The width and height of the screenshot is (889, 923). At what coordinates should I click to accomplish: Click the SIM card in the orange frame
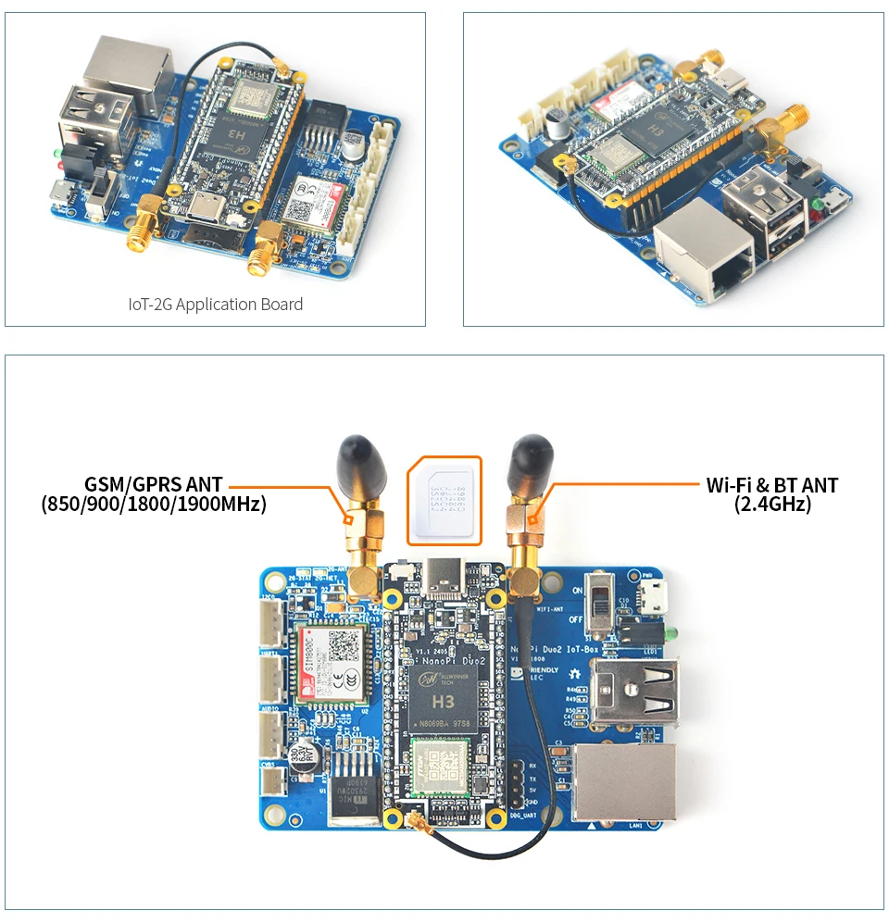tap(445, 500)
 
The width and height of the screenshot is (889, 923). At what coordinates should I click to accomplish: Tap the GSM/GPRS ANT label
tap(154, 484)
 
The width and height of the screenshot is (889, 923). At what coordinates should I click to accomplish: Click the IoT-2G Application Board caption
tap(215, 305)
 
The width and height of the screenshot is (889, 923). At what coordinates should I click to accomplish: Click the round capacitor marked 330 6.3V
tap(307, 756)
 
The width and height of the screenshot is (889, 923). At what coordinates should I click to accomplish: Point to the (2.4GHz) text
tap(771, 505)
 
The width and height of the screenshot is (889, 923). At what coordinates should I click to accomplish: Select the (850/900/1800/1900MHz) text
tap(154, 505)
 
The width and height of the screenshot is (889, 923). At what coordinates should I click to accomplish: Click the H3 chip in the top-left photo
tap(232, 135)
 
